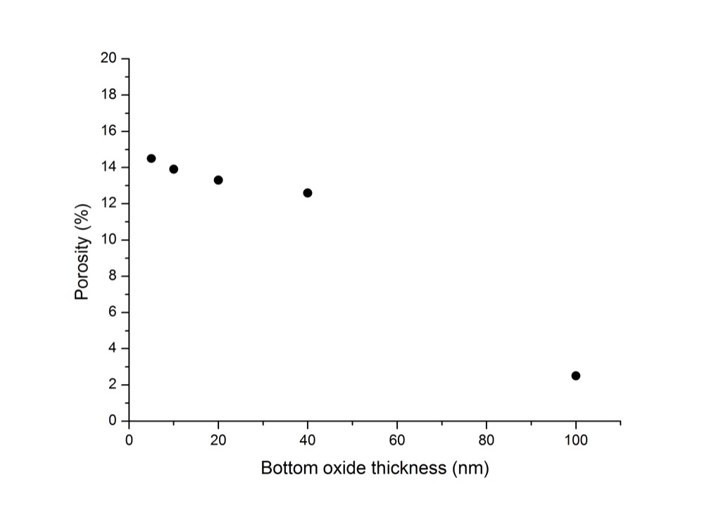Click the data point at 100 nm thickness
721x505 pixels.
click(x=576, y=376)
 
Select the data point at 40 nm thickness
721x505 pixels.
click(x=308, y=193)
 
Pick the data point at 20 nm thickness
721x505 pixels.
click(x=218, y=180)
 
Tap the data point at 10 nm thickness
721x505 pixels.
click(x=173, y=169)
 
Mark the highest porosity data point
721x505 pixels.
click(x=151, y=158)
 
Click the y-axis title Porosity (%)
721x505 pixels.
click(x=82, y=252)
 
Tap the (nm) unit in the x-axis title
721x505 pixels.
click(x=470, y=468)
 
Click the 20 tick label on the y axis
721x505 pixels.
click(x=108, y=58)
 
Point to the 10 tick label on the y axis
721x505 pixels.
click(x=108, y=239)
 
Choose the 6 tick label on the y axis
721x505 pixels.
click(x=113, y=312)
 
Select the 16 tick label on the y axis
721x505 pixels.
click(x=108, y=131)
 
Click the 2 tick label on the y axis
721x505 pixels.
click(x=113, y=385)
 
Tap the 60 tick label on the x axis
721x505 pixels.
click(x=397, y=440)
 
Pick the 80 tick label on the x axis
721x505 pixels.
click(x=487, y=440)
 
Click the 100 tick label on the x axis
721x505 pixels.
click(x=576, y=440)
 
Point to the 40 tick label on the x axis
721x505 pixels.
click(x=308, y=440)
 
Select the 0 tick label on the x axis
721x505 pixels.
click(x=129, y=440)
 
